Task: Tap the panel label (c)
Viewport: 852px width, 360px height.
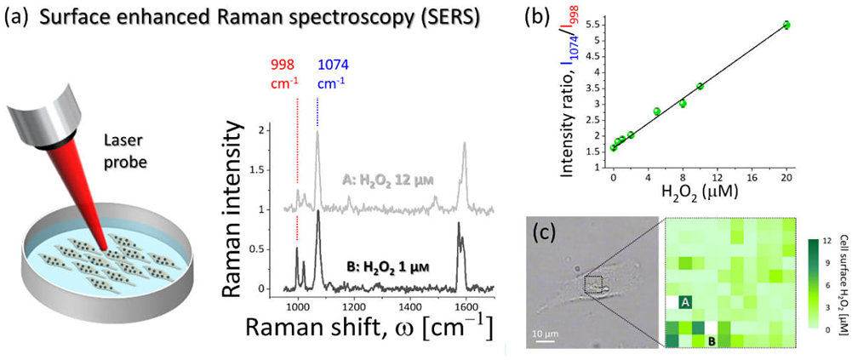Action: coord(546,232)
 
